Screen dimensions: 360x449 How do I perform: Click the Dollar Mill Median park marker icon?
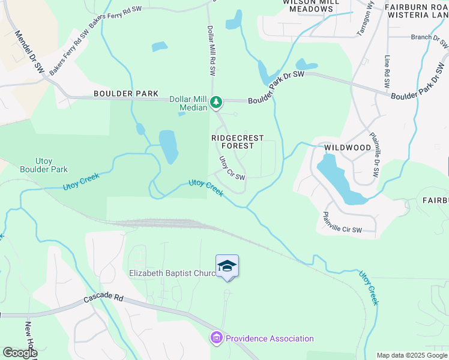pos(217,103)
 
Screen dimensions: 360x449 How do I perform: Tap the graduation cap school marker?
pos(227,265)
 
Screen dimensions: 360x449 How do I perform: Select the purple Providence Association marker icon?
pos(215,339)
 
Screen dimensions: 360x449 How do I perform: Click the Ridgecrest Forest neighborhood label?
pos(238,142)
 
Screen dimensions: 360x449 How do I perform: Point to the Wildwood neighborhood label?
pos(348,147)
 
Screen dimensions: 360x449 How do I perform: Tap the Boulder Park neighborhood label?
pos(126,94)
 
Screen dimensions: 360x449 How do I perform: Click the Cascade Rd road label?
pos(103,298)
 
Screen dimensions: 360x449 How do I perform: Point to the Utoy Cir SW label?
pos(232,169)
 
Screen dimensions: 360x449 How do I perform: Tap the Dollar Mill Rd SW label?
pos(211,50)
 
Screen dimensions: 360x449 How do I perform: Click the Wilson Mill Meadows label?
pos(307,5)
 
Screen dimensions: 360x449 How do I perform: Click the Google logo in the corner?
pos(19,353)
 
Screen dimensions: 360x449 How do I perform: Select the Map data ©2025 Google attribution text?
pos(412,355)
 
